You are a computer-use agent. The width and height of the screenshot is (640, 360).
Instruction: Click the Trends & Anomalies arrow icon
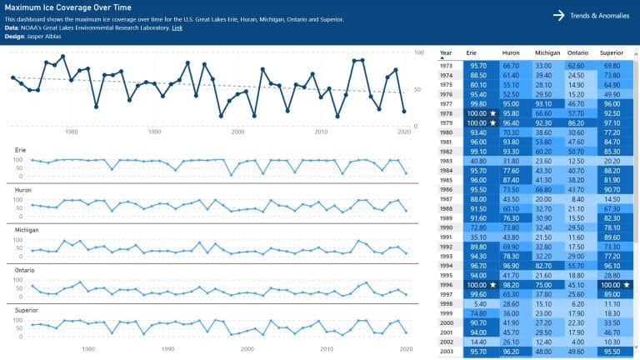pos(557,15)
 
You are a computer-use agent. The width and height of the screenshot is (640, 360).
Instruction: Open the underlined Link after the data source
pos(177,27)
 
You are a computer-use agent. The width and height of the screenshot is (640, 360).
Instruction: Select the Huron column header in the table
pos(511,52)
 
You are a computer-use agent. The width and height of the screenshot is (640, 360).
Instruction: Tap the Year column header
pos(447,52)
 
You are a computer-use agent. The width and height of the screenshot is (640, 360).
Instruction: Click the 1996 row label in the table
pos(447,284)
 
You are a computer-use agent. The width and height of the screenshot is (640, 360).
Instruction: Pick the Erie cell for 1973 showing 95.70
pos(477,65)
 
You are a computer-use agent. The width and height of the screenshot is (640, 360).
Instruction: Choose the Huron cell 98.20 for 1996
pos(511,284)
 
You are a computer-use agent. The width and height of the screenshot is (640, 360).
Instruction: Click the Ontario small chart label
pos(25,269)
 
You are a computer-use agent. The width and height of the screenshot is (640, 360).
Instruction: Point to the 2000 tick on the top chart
pos(238,132)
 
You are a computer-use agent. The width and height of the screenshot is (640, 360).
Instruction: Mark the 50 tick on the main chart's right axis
pos(418,89)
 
